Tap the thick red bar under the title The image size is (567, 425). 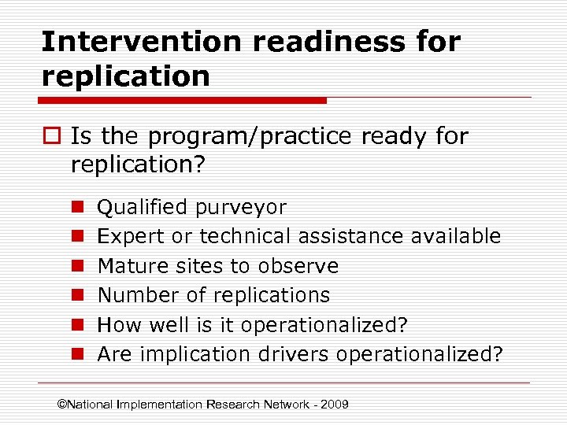pos(183,101)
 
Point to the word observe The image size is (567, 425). pos(302,266)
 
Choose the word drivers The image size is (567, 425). pos(295,354)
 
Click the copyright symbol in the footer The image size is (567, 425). pos(63,405)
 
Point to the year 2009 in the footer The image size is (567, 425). pos(334,405)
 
